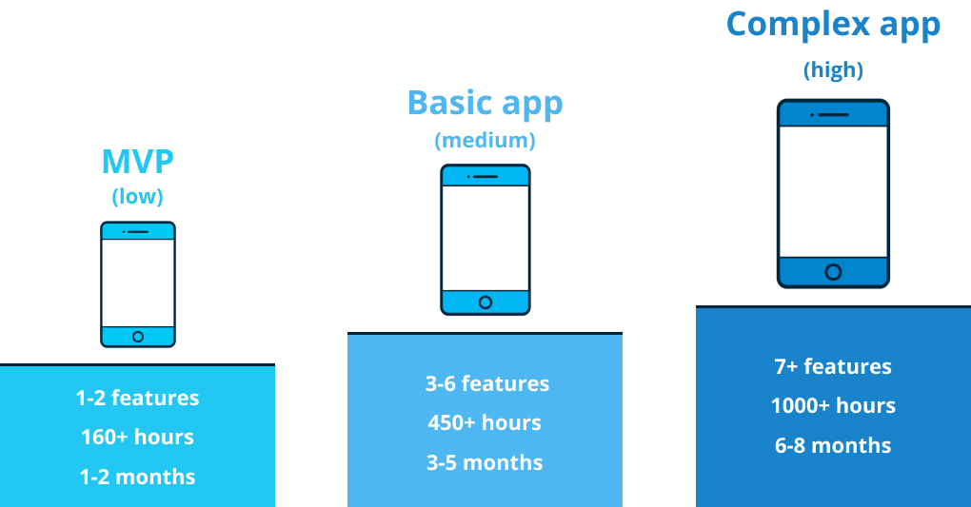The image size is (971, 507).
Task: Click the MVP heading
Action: click(137, 163)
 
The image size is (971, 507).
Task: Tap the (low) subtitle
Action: click(137, 197)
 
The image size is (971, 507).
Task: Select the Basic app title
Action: click(485, 104)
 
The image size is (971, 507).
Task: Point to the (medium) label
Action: click(485, 141)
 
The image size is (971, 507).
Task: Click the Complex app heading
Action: click(833, 26)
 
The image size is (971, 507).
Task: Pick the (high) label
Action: click(833, 70)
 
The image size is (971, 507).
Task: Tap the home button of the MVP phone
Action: click(138, 337)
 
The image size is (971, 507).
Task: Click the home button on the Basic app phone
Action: click(485, 302)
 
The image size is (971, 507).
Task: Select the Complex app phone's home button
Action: click(834, 272)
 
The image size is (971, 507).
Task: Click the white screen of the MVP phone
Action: click(138, 283)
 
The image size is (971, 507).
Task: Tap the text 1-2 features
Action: click(137, 398)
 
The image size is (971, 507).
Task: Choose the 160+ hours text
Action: click(137, 437)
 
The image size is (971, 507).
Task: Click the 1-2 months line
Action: click(137, 477)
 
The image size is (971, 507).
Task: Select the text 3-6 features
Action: click(486, 383)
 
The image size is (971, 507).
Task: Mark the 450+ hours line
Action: click(485, 422)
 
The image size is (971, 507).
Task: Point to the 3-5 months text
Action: click(485, 462)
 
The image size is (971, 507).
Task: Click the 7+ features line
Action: click(833, 366)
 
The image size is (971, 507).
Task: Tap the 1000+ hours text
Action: click(833, 405)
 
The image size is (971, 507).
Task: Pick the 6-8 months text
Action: click(833, 445)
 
